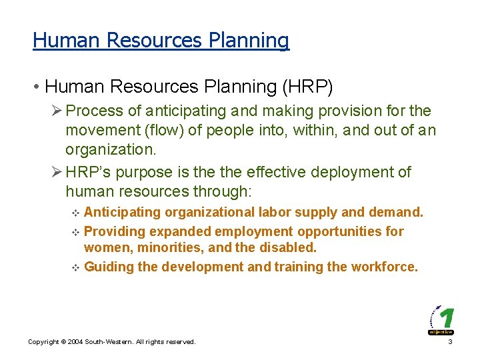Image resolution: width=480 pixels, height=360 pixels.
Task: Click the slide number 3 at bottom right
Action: (451, 342)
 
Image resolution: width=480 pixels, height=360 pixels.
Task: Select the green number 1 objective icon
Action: (441, 319)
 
